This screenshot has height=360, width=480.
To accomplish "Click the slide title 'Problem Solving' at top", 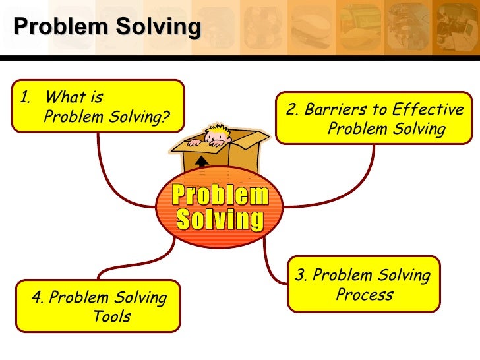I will coord(107,26).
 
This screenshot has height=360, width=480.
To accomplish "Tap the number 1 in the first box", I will coord(24,98).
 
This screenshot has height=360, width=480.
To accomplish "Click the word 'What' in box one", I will coord(67,98).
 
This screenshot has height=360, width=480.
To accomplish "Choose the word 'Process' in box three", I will coord(364,294).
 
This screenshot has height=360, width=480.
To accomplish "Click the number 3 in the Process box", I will coord(301,275).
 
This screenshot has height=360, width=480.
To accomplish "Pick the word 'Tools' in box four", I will coord(111,316).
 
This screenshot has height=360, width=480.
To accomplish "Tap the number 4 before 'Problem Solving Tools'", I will coord(36,297).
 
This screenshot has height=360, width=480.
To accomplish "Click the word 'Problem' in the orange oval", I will coord(221,195).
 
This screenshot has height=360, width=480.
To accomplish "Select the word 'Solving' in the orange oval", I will coord(221,219).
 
